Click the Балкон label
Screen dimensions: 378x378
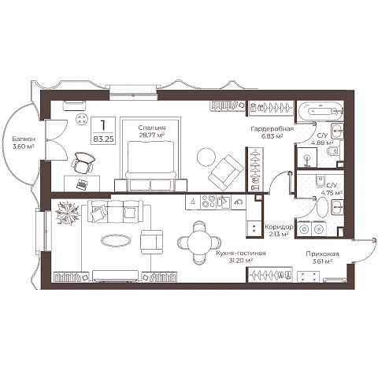[x=24, y=139]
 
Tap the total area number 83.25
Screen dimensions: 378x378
[x=104, y=139]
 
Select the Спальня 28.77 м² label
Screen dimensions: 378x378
[x=152, y=132]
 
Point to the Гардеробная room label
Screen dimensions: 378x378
[x=272, y=129]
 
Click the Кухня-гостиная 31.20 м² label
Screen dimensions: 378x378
[x=241, y=257]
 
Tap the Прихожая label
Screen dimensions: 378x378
[x=322, y=254]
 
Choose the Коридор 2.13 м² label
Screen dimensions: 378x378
[x=279, y=230]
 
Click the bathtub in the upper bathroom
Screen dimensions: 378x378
[x=320, y=111]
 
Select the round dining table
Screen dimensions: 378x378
[x=199, y=243]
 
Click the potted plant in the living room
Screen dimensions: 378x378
[x=68, y=213]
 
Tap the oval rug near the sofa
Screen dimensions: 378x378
[x=116, y=240]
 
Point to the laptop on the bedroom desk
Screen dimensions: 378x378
[x=82, y=184]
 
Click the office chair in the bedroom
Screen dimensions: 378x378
[x=83, y=163]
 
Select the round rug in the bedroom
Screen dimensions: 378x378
[x=206, y=157]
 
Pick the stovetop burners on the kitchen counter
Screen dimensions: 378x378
[x=208, y=202]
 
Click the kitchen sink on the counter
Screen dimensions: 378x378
[x=224, y=202]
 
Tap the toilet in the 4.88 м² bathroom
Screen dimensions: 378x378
[x=333, y=151]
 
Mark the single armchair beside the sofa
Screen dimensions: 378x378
[x=152, y=242]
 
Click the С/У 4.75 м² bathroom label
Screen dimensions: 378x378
[x=332, y=189]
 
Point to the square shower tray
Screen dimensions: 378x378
[x=307, y=157]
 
